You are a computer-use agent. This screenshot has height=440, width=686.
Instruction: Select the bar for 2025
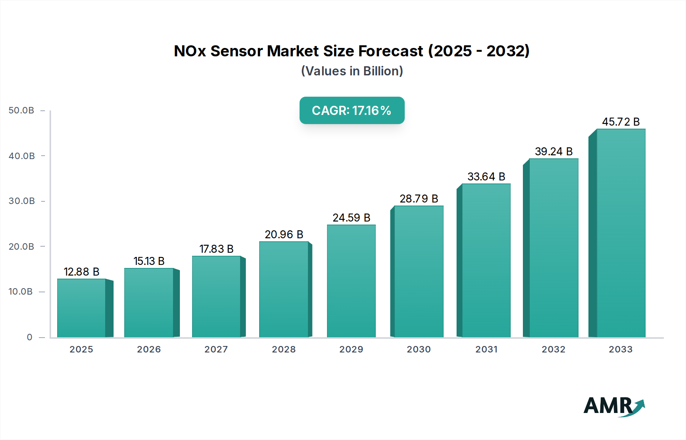click(x=81, y=308)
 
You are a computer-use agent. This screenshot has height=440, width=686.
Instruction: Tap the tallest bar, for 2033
click(x=620, y=233)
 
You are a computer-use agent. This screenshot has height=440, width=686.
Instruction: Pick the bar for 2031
click(x=486, y=260)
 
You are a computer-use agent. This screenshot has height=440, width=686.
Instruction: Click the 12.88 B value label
click(x=81, y=272)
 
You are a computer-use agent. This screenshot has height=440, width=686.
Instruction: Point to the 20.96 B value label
click(x=284, y=234)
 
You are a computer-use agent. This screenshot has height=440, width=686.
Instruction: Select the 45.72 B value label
click(x=620, y=122)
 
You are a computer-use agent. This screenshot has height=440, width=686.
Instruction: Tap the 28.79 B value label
click(x=418, y=199)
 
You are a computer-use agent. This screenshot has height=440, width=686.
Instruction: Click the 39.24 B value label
click(x=553, y=151)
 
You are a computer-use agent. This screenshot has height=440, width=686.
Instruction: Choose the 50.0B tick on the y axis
click(x=21, y=110)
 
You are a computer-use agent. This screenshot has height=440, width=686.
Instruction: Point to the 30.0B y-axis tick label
click(x=22, y=201)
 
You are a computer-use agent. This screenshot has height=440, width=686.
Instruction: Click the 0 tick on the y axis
click(x=29, y=337)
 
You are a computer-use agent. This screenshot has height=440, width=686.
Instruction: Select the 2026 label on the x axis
click(x=149, y=349)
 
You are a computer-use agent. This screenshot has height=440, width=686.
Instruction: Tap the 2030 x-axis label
click(x=418, y=349)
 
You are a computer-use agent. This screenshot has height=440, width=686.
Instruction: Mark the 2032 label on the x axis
click(x=553, y=349)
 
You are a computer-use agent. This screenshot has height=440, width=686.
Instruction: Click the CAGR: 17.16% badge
click(x=352, y=110)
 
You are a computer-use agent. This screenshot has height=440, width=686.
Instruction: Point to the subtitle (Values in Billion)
click(x=352, y=71)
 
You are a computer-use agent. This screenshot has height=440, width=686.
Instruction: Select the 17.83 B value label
click(x=216, y=249)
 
